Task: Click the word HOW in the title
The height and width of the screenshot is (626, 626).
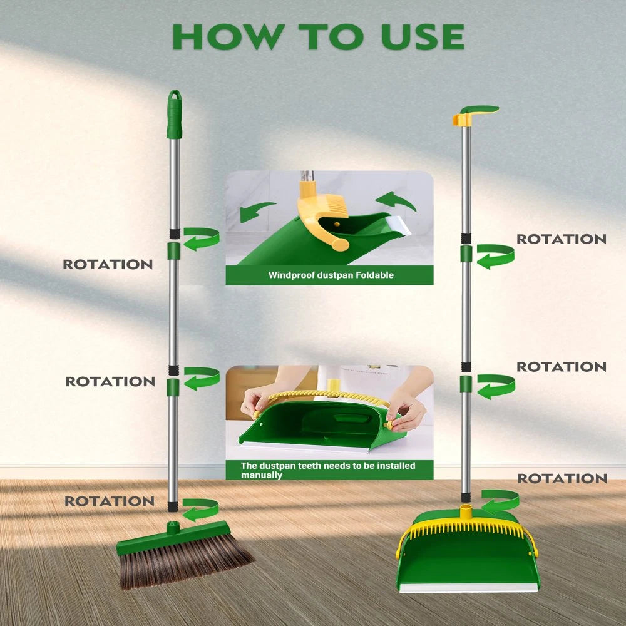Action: point(217,37)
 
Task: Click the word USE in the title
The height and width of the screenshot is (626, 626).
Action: point(422,37)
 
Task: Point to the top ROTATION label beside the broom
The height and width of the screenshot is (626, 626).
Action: point(108,264)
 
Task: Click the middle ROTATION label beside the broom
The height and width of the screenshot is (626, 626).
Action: point(110,381)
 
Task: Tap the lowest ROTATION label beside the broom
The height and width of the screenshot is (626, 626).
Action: point(110,501)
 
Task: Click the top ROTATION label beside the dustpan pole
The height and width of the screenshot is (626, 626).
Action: point(561,239)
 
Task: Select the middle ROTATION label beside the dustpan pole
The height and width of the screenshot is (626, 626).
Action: point(561,367)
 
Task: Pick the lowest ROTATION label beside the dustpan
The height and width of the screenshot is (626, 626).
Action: point(562,479)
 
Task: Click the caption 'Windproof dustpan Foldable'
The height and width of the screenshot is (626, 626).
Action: point(331,275)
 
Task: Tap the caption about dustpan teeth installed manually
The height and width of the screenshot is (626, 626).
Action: point(328,470)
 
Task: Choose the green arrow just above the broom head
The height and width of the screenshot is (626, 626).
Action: point(200,509)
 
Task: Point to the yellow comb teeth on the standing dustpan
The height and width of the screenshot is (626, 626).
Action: point(466,529)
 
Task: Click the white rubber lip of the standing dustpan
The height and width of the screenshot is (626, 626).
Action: point(468,587)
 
